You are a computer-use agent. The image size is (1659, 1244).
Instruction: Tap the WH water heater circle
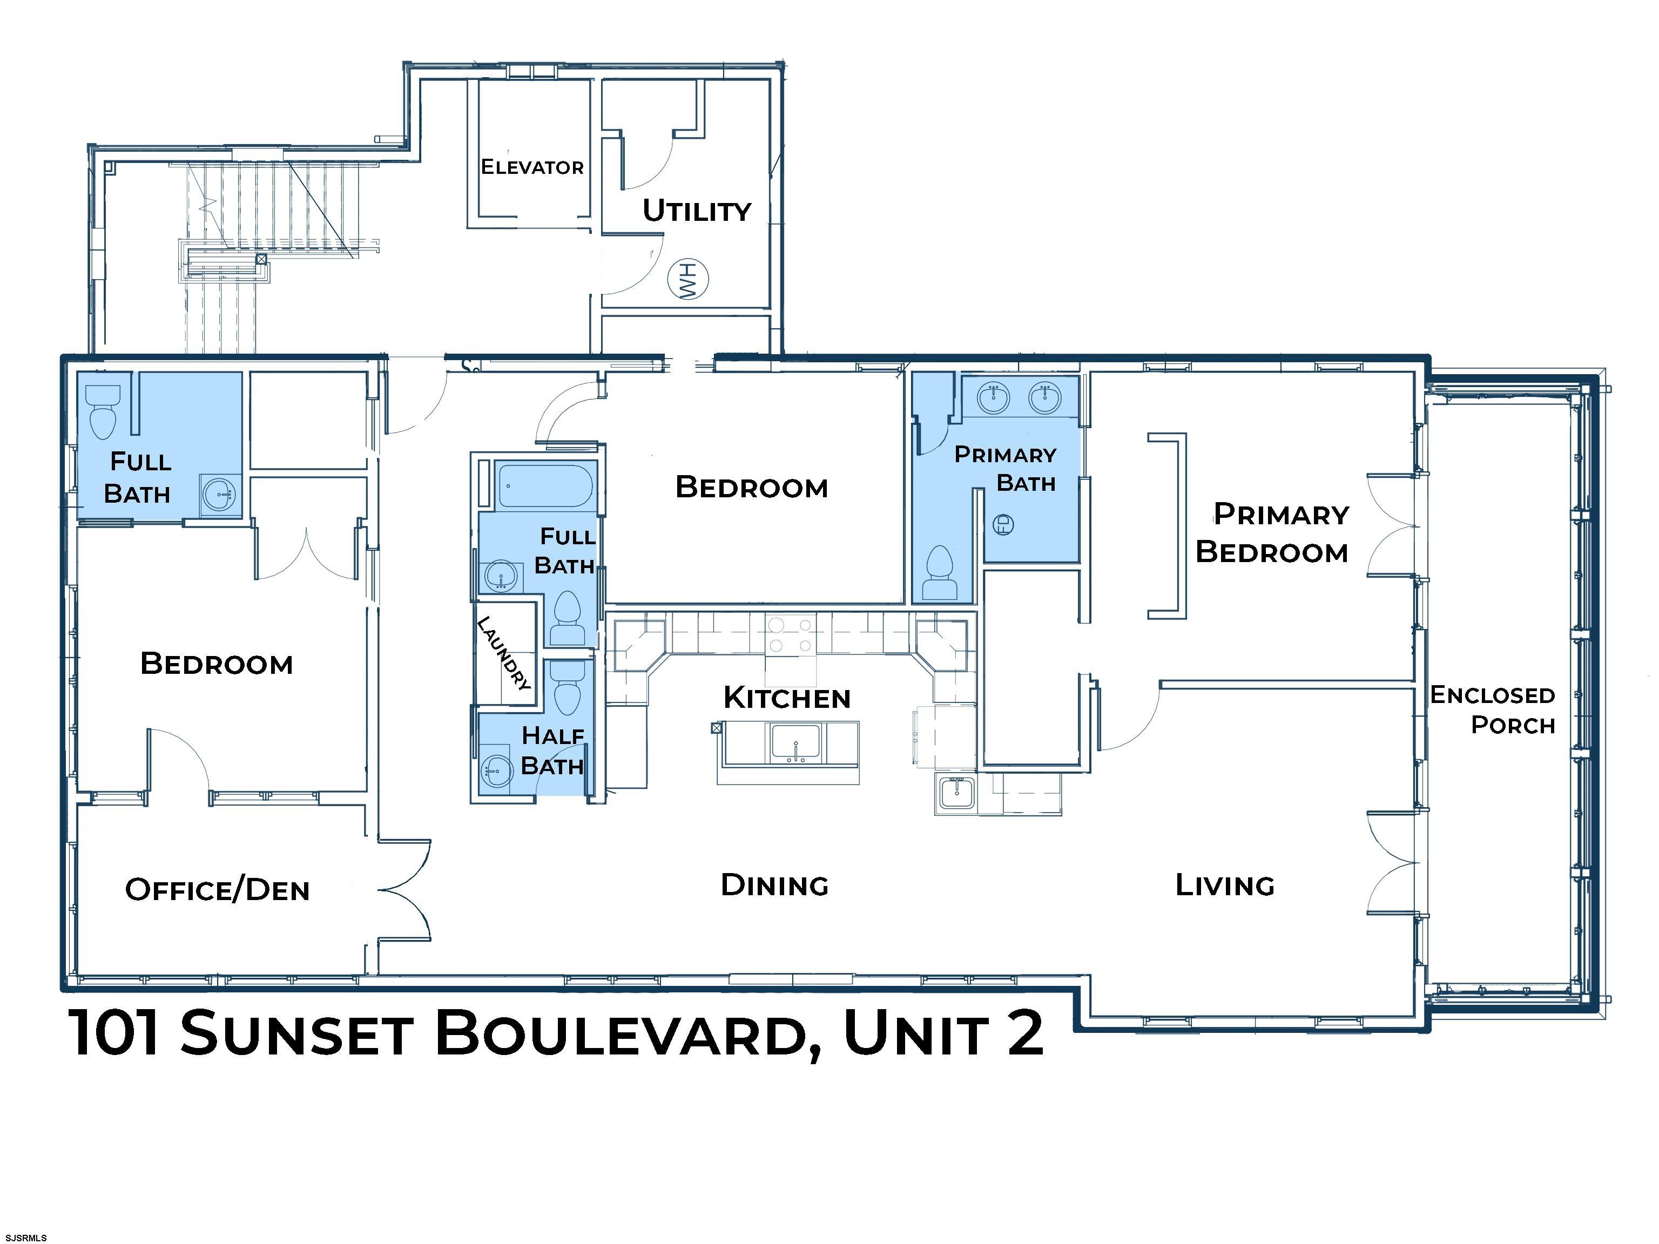point(689,280)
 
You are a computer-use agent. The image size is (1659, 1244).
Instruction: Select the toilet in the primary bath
point(941,572)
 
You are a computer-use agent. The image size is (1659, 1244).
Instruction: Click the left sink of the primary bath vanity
point(994,397)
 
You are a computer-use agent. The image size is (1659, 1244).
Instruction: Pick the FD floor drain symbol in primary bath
point(1003,525)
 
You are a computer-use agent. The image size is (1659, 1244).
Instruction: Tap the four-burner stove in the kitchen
point(791,634)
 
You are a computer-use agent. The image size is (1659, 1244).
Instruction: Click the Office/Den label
point(218,889)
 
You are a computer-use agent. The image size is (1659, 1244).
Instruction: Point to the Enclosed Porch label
point(1493,709)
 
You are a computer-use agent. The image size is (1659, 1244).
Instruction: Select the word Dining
point(775,885)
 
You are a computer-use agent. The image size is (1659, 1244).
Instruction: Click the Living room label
point(1225,885)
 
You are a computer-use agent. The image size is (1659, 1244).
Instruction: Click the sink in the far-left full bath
point(220,495)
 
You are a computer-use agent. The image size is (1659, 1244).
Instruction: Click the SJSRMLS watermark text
point(25,1238)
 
